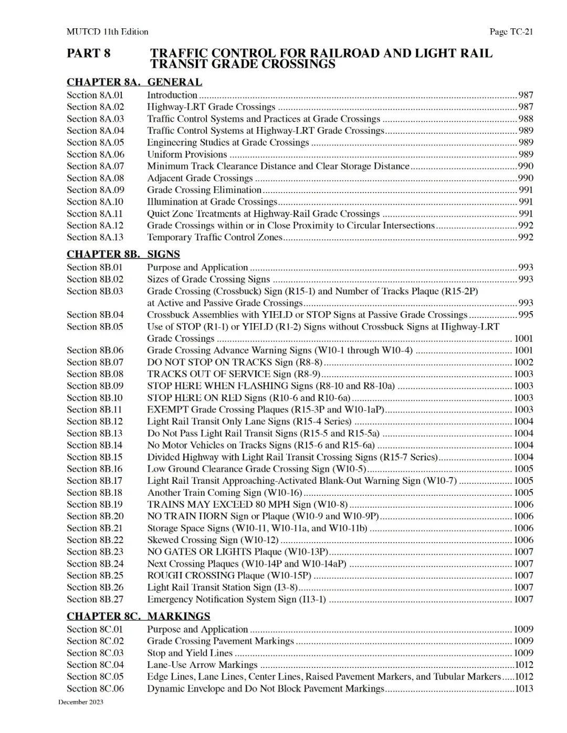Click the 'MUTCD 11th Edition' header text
[x=107, y=32]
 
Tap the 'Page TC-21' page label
[x=511, y=32]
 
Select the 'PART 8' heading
[x=89, y=54]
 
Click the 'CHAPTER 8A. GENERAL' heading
[x=134, y=82]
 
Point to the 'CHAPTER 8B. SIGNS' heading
[x=123, y=254]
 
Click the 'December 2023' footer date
[x=81, y=702]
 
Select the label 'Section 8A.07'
[x=96, y=166]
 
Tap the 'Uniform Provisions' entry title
[x=187, y=154]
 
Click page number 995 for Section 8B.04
[x=525, y=315]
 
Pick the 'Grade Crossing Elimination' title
[x=204, y=190]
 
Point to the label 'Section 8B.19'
[x=95, y=504]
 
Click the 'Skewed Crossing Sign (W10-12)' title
[x=213, y=540]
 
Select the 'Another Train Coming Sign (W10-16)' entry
[x=225, y=493]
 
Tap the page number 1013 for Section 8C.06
[x=524, y=688]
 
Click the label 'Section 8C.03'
[x=95, y=653]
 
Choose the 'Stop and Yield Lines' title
[x=190, y=653]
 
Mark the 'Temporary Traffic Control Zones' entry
[x=215, y=237]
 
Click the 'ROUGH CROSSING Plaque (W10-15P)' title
[x=229, y=576]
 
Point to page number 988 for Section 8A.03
[x=526, y=119]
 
